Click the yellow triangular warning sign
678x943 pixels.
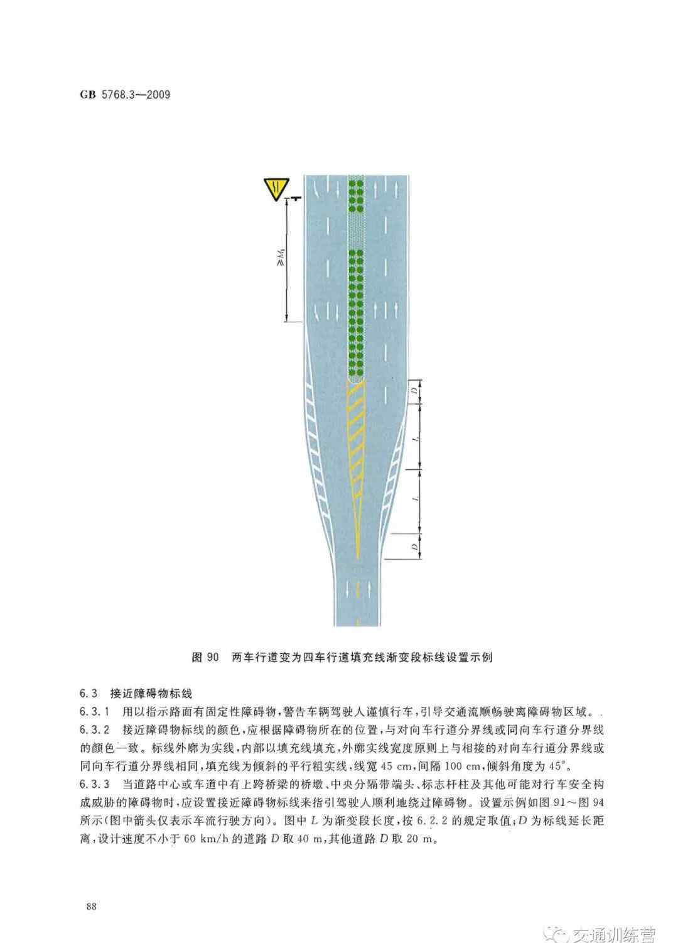[276, 188]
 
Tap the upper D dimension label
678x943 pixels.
[415, 391]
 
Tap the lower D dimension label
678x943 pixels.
[415, 547]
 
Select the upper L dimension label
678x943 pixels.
[415, 439]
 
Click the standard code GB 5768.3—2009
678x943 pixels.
[125, 94]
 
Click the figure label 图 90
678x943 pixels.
[205, 657]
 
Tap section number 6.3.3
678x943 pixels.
[95, 784]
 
